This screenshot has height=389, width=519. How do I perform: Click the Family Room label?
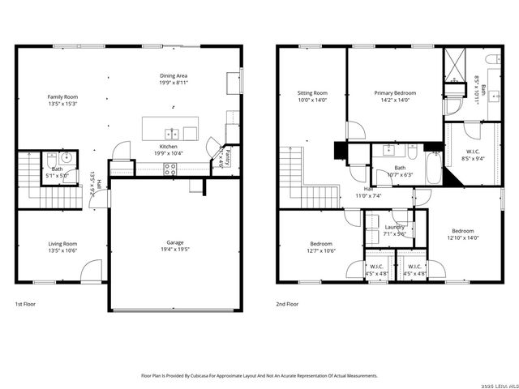coord(61,96)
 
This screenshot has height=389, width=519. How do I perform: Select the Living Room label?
coord(61,243)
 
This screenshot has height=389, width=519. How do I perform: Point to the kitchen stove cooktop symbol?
coord(171,169)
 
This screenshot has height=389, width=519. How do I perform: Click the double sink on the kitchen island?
coord(172,133)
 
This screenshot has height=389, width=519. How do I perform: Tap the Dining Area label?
coord(174,75)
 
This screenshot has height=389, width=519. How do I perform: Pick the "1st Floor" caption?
coord(26,304)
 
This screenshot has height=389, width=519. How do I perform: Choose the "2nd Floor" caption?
coord(287,304)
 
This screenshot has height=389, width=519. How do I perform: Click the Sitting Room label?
coord(312,93)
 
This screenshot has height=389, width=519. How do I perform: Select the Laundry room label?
coord(395,227)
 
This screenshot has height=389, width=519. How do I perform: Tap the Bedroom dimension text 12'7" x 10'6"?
coord(320,250)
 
